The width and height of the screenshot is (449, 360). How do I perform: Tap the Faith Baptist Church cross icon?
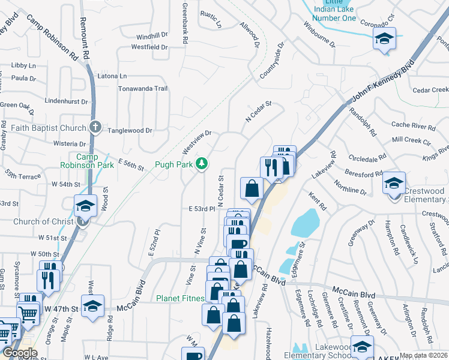tap(95, 127)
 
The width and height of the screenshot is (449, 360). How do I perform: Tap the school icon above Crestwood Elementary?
tap(394, 184)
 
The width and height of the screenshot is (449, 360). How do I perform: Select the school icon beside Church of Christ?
tap(86, 207)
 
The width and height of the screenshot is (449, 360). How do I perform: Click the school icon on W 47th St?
tap(93, 307)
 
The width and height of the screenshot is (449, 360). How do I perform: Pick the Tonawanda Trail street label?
tap(145, 88)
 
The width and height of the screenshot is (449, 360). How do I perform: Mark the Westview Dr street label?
tap(197, 142)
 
